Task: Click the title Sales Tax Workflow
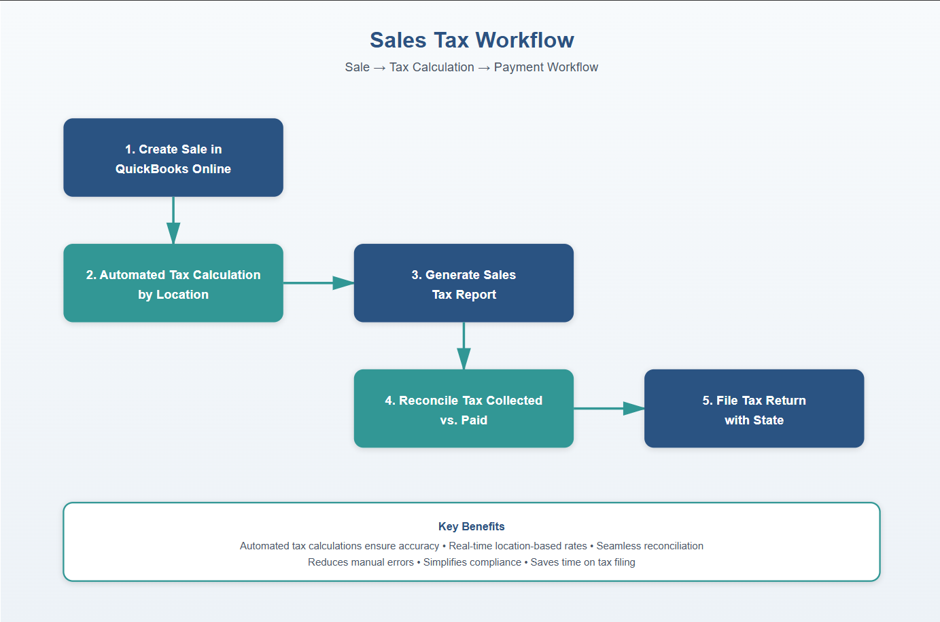(472, 40)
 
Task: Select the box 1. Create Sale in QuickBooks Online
(173, 158)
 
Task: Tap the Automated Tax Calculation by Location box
(173, 283)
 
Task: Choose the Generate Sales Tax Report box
(464, 283)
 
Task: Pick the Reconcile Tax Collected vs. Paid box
(464, 409)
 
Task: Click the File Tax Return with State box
(754, 409)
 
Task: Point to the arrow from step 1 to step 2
(173, 221)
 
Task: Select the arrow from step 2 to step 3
(318, 283)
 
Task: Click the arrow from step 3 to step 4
(464, 346)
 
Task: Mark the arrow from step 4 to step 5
(609, 409)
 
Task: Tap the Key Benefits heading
(472, 526)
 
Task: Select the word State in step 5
(768, 420)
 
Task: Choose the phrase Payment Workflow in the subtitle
(546, 67)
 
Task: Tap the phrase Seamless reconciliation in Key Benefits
(650, 546)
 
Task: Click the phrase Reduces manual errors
(361, 562)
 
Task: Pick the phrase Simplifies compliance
(472, 562)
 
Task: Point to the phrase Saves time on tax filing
(582, 562)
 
